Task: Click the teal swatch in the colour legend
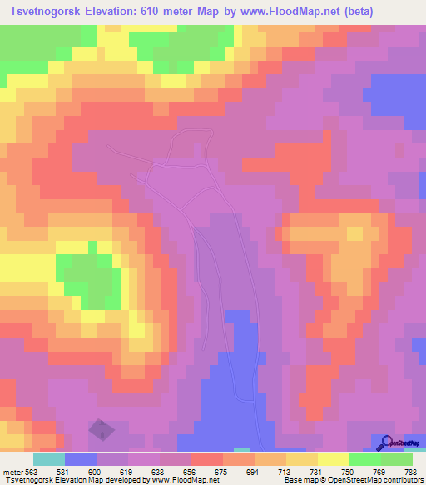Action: (x=49, y=459)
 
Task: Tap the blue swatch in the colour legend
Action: (x=81, y=459)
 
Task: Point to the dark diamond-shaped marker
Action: (x=102, y=430)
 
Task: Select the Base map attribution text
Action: (x=349, y=480)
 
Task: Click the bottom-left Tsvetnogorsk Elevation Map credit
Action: (x=76, y=480)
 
